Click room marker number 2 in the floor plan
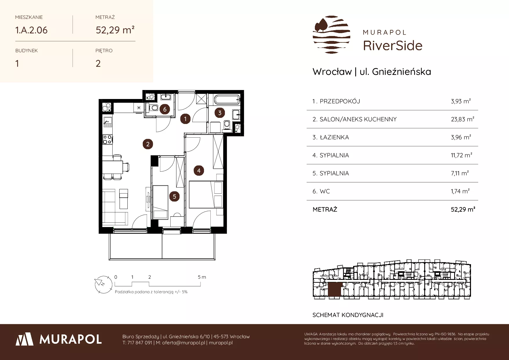[148, 144]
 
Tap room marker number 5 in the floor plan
[174, 197]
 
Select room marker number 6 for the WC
[165, 109]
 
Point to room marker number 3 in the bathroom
[220, 113]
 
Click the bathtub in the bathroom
[226, 100]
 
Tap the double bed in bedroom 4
[206, 195]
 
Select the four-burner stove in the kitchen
[108, 140]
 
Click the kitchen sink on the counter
[108, 121]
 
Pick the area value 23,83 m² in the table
[463, 119]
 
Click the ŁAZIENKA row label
[334, 137]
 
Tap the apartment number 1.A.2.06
[31, 30]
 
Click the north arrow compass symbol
[103, 283]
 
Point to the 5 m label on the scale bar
[202, 277]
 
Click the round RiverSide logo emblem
[331, 35]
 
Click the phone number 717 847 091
[140, 343]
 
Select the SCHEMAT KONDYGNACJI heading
[348, 315]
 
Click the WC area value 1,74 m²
[460, 191]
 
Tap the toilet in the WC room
[153, 108]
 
